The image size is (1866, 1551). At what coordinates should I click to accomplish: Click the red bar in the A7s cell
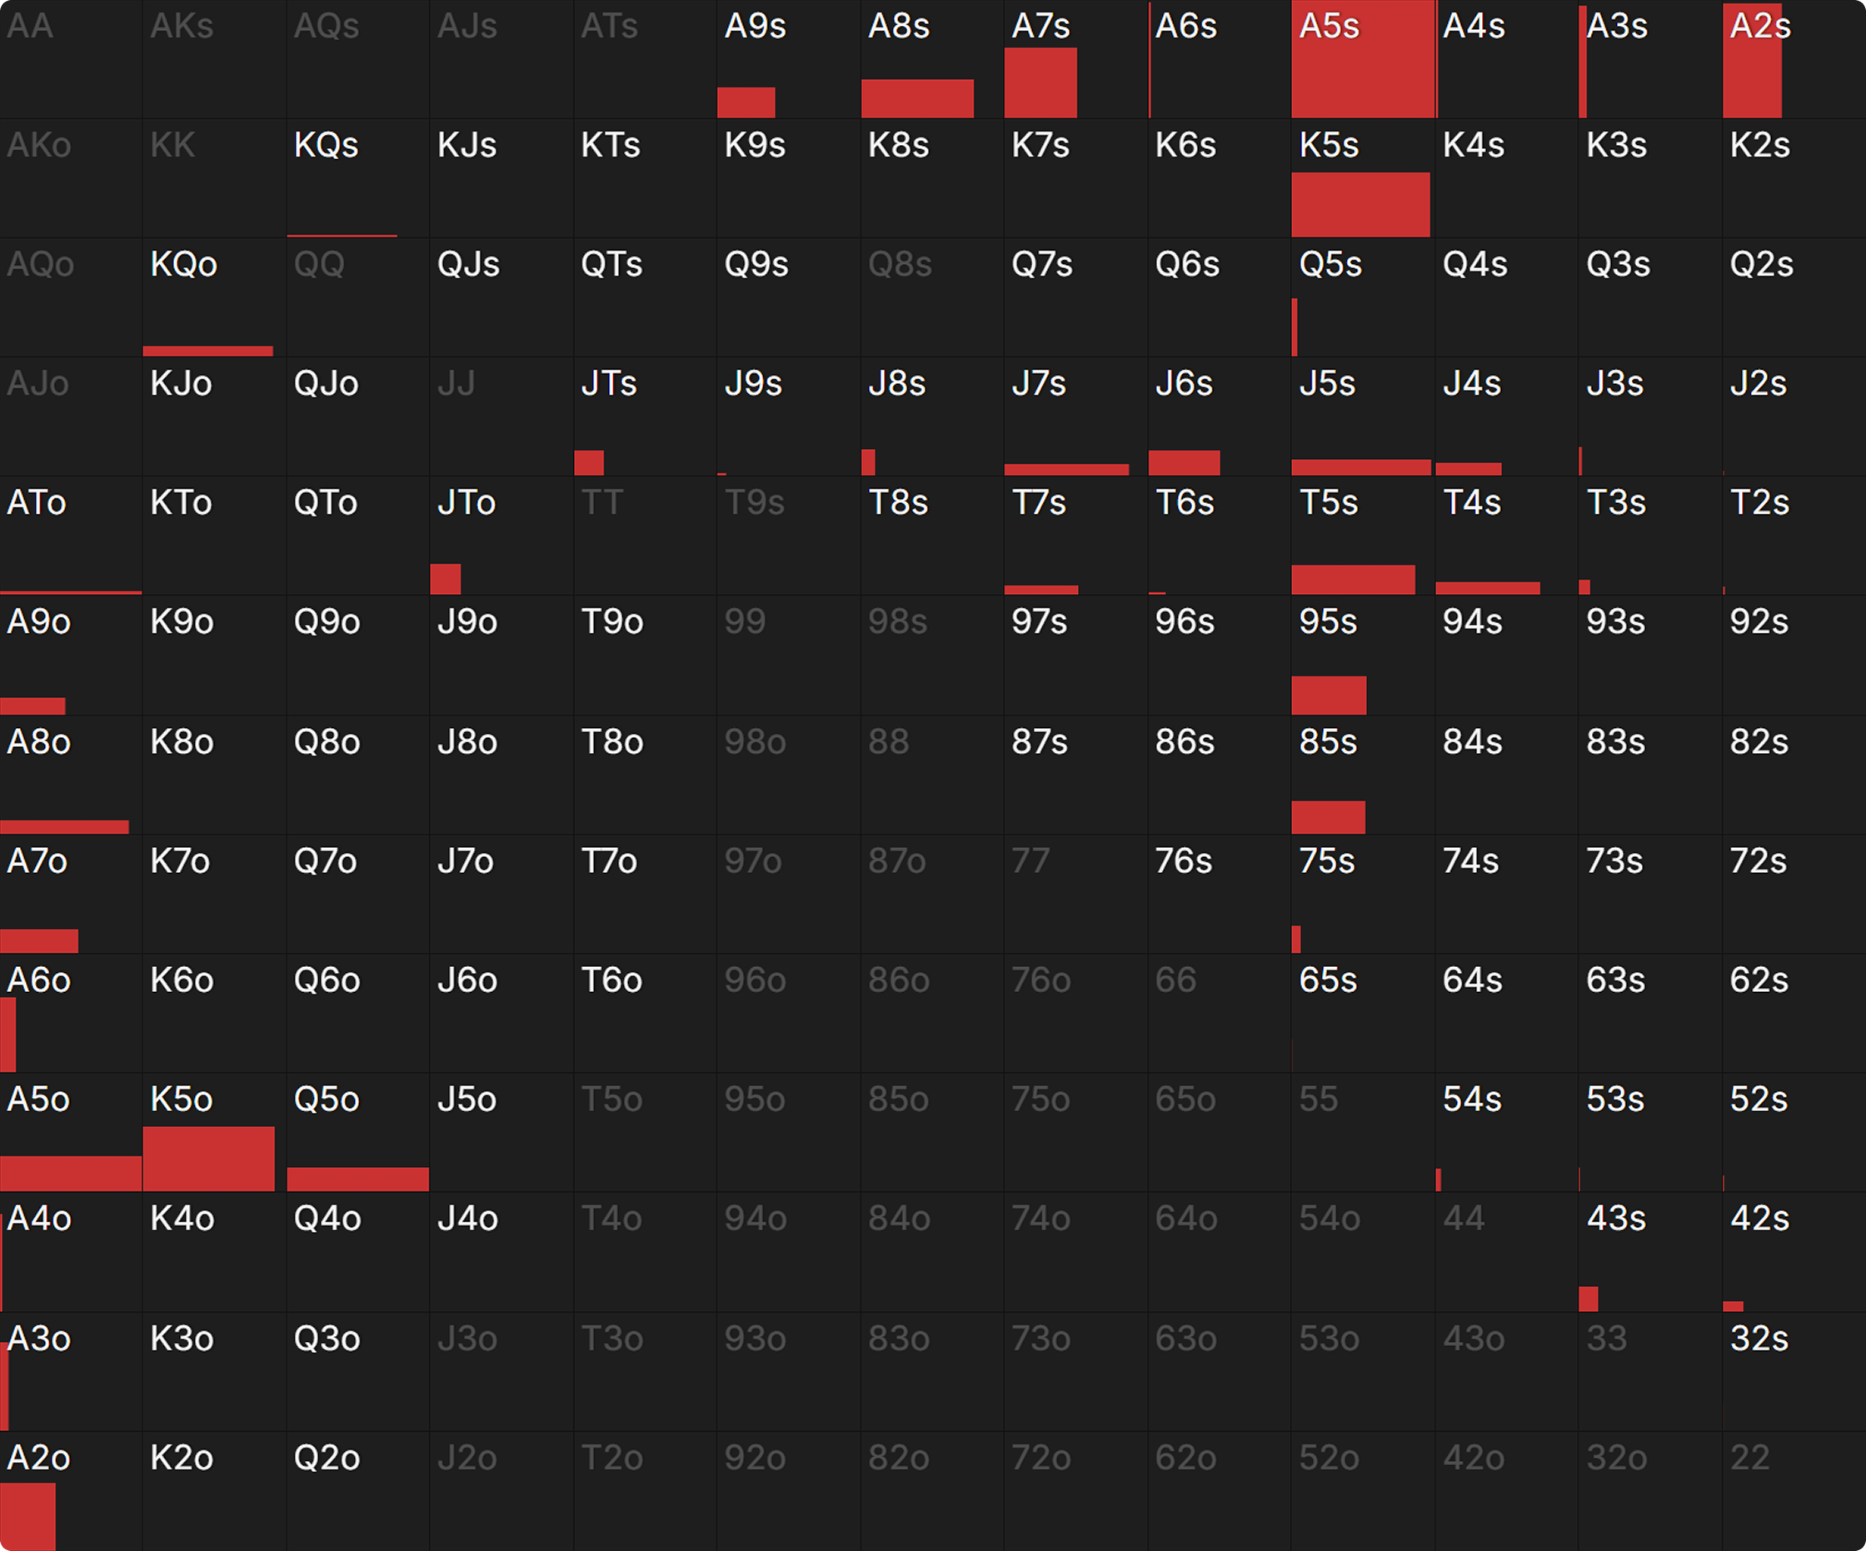1040,82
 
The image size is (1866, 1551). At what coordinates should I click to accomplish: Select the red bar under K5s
1360,204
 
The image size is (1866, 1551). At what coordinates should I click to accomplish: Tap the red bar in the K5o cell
209,1159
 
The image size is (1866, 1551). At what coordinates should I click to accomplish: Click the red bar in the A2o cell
27,1517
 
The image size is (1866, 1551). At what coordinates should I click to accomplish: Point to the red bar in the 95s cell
1329,695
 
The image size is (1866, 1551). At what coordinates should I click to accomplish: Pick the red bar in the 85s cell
1329,816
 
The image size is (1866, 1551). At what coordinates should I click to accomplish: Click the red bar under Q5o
357,1179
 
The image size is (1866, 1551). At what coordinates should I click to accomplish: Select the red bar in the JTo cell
445,578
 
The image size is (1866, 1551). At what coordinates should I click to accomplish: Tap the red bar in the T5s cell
1352,579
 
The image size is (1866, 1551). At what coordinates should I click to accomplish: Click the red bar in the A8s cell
917,97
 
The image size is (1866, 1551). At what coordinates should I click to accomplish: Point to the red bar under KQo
208,351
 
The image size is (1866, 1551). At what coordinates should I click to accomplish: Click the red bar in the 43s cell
1588,1298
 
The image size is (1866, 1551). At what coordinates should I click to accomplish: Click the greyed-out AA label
30,27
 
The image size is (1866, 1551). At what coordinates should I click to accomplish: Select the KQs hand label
326,146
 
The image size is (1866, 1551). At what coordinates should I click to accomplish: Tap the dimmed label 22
1749,1458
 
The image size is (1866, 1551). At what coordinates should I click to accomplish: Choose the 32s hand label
1759,1339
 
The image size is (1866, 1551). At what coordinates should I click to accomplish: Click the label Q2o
326,1458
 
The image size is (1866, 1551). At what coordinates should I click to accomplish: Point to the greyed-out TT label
601,503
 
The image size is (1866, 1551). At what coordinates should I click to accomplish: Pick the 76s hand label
1183,860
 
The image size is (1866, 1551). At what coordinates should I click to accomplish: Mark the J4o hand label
467,1219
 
